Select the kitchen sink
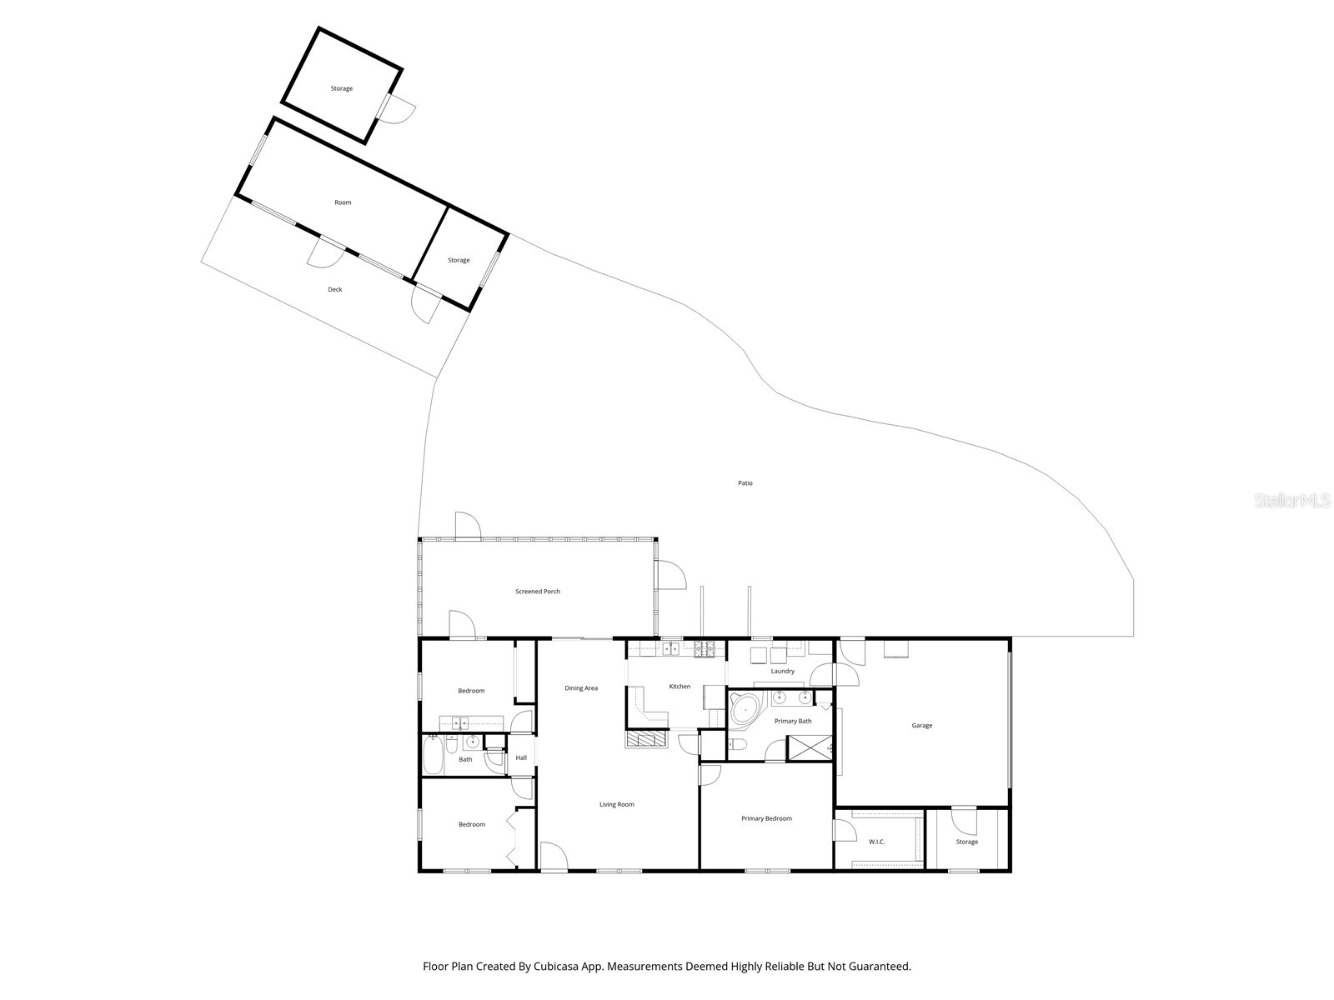coord(672,647)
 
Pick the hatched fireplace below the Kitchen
coord(646,738)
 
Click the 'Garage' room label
coord(921,726)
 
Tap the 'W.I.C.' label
coord(876,842)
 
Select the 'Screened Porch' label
coord(538,592)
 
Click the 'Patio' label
coord(745,483)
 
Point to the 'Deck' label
coord(334,290)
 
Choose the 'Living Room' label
coord(617,805)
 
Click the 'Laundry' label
coord(782,671)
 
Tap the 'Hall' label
coord(521,758)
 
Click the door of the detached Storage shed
coord(399,108)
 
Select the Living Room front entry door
coord(553,857)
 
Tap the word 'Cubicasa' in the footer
coord(568,967)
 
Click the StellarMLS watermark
coord(1292,501)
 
